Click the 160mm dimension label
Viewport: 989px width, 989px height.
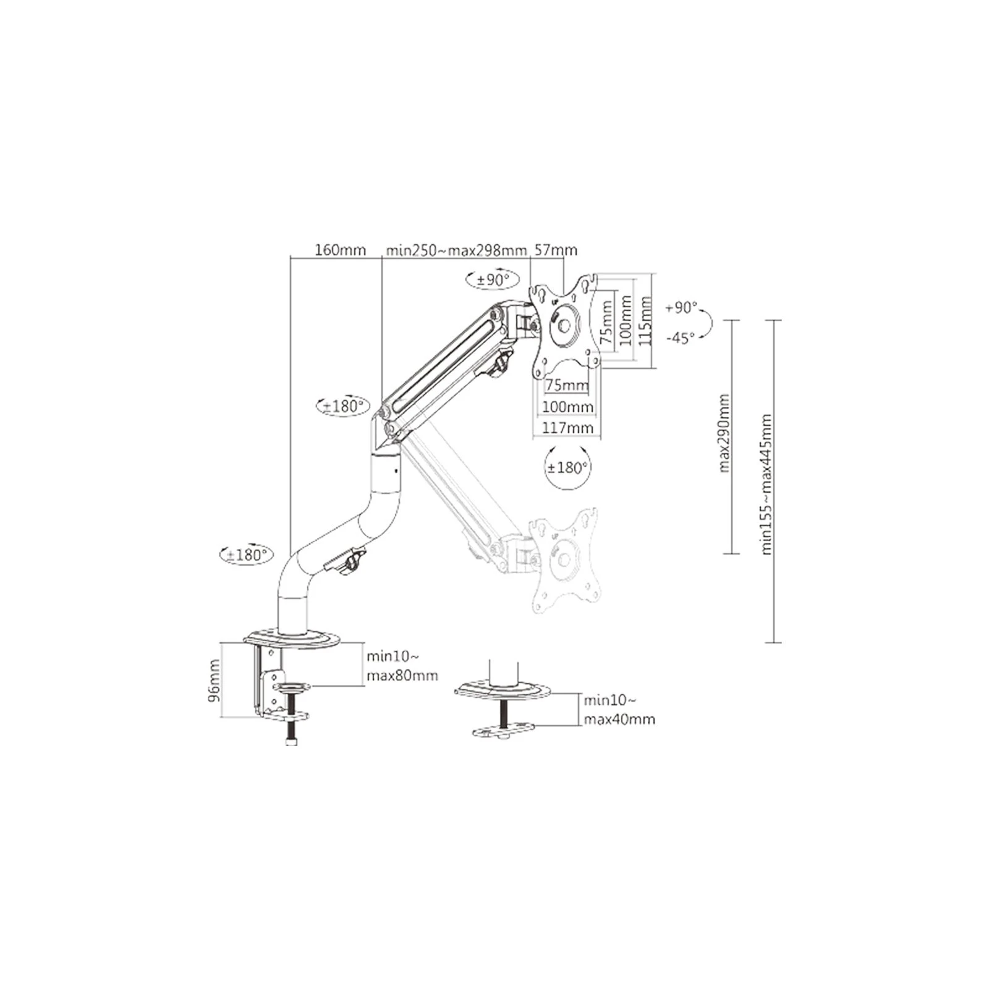[x=340, y=250]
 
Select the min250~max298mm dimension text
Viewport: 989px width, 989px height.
[x=456, y=250]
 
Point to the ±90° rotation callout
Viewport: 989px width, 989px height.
[x=492, y=280]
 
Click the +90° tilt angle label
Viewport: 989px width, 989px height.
[x=681, y=308]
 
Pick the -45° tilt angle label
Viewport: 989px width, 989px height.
[x=681, y=337]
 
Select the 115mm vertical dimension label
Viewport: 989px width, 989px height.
[x=645, y=321]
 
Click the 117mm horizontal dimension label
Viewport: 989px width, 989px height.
[x=567, y=428]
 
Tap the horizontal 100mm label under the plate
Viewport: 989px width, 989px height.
[x=567, y=407]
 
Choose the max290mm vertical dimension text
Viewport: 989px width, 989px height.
[x=724, y=433]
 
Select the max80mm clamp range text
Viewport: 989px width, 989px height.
[x=402, y=676]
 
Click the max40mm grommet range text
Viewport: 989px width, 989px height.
[x=619, y=719]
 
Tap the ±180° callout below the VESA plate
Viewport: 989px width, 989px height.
[x=567, y=467]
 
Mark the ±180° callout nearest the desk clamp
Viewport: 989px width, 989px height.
[x=247, y=554]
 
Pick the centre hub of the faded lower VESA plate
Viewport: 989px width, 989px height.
[x=564, y=559]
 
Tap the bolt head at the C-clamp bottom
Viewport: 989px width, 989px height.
[x=292, y=741]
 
